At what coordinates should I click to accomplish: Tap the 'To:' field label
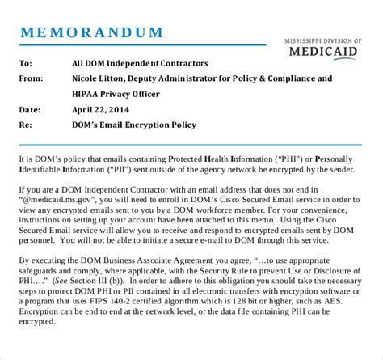[x=26, y=63]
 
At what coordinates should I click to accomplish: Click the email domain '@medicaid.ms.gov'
[x=61, y=198]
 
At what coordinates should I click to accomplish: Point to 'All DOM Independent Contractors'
[x=139, y=63]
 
